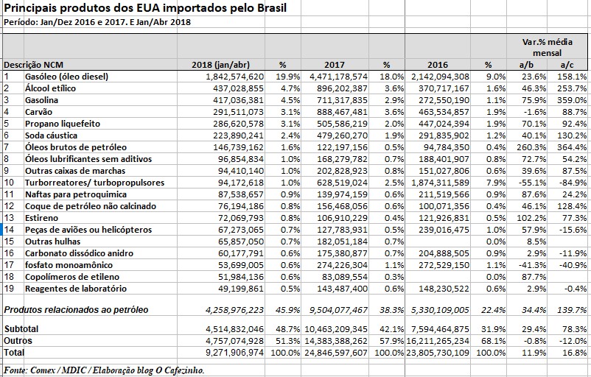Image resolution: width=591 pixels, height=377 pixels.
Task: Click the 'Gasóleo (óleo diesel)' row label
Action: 66,77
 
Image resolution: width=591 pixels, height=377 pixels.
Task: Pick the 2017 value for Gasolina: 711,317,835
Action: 340,100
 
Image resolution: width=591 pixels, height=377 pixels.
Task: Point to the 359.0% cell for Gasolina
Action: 572,100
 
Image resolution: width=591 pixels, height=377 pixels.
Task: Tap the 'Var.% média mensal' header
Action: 543,47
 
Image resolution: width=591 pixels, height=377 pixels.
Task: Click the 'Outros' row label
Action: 18,341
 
